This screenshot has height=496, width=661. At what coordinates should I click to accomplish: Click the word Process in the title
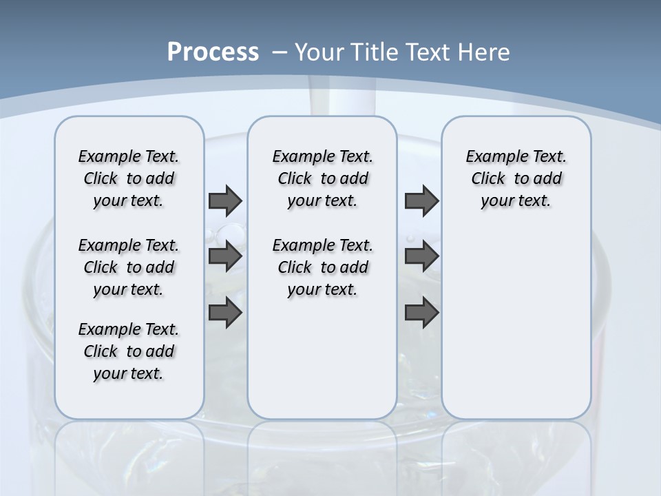(213, 52)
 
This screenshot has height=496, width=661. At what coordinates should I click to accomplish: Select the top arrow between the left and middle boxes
(225, 200)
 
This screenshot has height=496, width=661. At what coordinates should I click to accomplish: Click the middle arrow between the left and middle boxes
(225, 256)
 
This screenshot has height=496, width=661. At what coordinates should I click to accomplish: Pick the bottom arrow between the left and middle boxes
(225, 313)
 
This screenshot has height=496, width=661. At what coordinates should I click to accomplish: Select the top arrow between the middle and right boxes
(421, 200)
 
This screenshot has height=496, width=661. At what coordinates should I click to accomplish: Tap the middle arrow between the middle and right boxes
(421, 256)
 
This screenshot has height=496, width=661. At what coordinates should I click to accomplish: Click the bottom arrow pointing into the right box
(421, 313)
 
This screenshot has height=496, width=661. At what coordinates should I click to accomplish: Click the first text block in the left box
(129, 178)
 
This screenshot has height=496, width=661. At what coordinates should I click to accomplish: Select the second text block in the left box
(129, 267)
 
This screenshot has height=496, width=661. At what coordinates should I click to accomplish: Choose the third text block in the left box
(129, 351)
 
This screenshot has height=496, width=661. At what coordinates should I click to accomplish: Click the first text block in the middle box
(322, 178)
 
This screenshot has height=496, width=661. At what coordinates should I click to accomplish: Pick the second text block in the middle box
(322, 267)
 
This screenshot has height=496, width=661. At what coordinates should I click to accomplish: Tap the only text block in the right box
(516, 178)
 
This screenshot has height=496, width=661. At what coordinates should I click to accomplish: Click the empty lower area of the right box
(516, 324)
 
